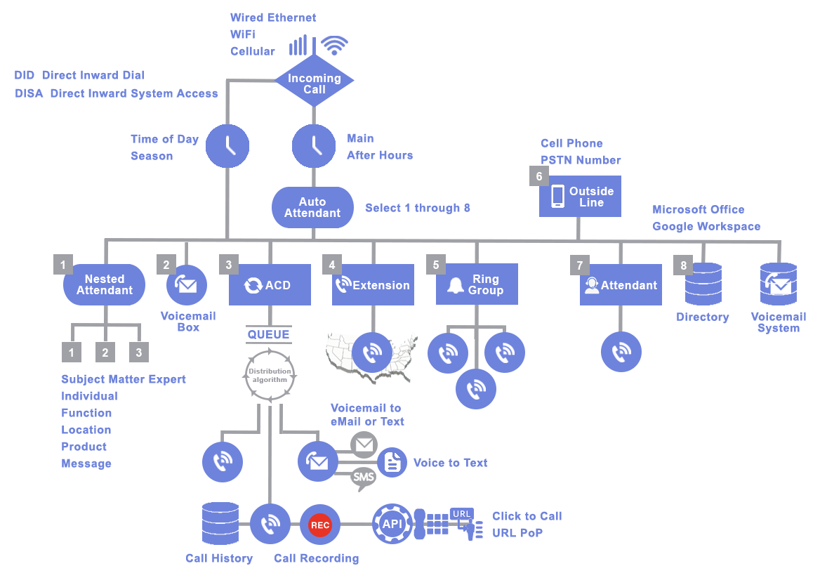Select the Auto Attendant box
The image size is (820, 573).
pyautogui.click(x=312, y=207)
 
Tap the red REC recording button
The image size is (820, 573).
pyautogui.click(x=320, y=524)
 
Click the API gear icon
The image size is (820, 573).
pyautogui.click(x=392, y=524)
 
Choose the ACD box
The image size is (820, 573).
pyautogui.click(x=270, y=285)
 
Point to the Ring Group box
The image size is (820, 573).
pyautogui.click(x=477, y=284)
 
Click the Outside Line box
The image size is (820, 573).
pyautogui.click(x=580, y=196)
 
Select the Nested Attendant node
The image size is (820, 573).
pyautogui.click(x=104, y=284)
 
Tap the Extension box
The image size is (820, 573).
pyautogui.click(x=373, y=285)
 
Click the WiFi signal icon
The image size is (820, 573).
pyautogui.click(x=334, y=46)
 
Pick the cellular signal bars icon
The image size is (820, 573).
pyautogui.click(x=298, y=46)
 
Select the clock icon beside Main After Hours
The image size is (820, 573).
pyautogui.click(x=312, y=145)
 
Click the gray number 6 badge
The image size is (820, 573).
pyautogui.click(x=539, y=176)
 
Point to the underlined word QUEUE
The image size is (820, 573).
pyautogui.click(x=269, y=334)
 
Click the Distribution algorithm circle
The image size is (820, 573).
pyautogui.click(x=270, y=374)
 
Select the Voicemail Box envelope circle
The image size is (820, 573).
pyautogui.click(x=187, y=285)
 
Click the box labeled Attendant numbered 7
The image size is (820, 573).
pyautogui.click(x=621, y=285)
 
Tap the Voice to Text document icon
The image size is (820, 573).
pyautogui.click(x=392, y=462)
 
